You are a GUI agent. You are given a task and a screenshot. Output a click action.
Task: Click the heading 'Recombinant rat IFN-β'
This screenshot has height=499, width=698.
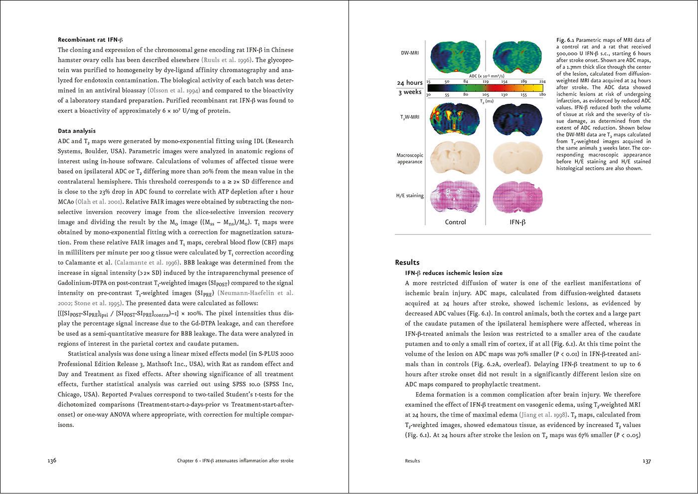click(90, 40)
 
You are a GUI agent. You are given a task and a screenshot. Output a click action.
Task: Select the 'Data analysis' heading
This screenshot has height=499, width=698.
click(77, 131)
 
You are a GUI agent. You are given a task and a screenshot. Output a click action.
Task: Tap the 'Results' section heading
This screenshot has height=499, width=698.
click(407, 262)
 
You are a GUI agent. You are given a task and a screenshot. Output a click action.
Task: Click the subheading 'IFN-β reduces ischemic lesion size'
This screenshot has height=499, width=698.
click(454, 273)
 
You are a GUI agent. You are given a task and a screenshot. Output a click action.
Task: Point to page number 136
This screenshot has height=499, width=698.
click(52, 461)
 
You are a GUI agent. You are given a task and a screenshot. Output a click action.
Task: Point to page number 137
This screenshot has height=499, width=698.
click(647, 461)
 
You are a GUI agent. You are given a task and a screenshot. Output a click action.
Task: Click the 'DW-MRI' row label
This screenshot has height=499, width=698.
click(410, 53)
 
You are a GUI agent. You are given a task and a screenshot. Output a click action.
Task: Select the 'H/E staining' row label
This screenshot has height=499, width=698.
click(410, 196)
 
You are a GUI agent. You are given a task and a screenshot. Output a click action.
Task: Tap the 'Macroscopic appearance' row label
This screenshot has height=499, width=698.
click(410, 158)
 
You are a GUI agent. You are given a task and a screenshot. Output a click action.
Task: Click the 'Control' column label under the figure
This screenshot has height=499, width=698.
click(455, 222)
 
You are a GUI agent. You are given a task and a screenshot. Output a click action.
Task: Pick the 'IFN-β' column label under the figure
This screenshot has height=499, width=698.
click(518, 222)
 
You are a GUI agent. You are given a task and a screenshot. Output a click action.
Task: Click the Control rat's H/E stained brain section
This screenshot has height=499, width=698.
click(455, 195)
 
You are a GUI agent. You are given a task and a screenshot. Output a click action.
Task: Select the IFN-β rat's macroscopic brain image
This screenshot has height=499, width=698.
click(518, 158)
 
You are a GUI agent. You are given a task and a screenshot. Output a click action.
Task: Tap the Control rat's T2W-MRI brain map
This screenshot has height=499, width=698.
click(455, 120)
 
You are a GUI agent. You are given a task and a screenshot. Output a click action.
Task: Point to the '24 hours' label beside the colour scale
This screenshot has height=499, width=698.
click(410, 83)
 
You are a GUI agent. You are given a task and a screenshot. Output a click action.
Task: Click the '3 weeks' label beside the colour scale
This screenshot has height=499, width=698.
click(410, 92)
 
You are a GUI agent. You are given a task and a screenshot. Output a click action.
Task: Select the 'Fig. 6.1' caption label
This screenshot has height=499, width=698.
click(565, 40)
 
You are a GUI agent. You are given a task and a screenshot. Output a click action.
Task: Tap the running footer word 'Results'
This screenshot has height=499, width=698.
click(412, 461)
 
